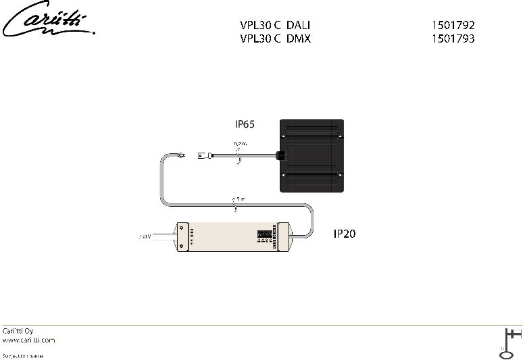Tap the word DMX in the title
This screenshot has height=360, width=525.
coord(298,38)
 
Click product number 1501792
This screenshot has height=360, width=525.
coord(453,25)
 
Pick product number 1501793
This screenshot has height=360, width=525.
coord(453,38)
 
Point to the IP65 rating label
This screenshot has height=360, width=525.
coord(246,125)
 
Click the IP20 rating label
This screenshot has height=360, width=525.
coord(345,234)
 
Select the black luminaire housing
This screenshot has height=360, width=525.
coord(312,155)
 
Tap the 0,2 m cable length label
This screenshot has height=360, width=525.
coord(241,145)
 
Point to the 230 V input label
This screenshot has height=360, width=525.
coord(144,237)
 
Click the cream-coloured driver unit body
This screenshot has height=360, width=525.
coord(223,236)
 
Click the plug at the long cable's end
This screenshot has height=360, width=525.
coord(180,156)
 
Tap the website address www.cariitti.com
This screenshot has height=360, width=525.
coord(28,340)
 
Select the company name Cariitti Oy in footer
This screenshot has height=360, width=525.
coord(18,331)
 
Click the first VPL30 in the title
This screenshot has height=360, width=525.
coord(255,25)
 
